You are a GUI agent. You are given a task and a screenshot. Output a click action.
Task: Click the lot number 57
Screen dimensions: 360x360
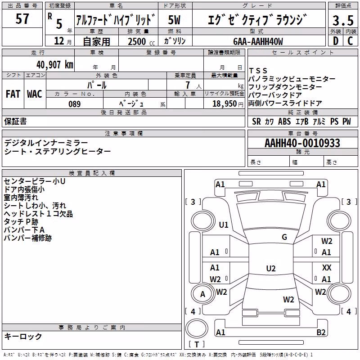(22, 19)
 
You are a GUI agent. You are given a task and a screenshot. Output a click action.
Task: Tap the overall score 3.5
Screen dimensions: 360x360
(343, 20)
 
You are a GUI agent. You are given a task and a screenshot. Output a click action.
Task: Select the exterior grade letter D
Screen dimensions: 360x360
(336, 41)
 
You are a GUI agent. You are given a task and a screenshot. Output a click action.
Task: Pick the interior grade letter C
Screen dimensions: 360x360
(350, 41)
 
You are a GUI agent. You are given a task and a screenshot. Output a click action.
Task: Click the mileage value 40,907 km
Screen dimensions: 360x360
(54, 65)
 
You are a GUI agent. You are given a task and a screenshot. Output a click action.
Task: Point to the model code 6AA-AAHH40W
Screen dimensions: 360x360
(258, 41)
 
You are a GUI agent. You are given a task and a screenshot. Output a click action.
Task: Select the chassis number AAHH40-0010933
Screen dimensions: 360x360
(302, 143)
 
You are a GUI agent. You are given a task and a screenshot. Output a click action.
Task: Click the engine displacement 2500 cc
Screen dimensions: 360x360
(141, 41)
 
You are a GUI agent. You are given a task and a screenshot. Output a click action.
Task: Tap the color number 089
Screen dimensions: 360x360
(74, 104)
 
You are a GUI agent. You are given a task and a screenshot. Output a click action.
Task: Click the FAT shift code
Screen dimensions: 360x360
(13, 94)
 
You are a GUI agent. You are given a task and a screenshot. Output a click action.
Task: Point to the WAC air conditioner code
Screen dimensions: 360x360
(35, 94)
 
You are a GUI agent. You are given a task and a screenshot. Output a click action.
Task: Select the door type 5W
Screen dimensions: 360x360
(174, 20)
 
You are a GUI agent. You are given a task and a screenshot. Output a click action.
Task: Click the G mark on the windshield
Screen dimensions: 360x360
(284, 237)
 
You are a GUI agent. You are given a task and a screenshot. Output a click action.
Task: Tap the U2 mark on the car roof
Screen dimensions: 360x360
(271, 268)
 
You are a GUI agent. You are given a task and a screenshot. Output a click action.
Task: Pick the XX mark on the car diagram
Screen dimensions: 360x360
(327, 267)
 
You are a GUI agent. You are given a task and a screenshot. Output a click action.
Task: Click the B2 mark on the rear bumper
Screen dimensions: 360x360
(321, 333)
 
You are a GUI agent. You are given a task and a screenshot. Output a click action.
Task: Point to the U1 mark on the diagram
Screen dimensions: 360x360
(224, 225)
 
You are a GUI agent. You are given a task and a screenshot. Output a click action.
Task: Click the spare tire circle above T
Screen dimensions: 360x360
(197, 328)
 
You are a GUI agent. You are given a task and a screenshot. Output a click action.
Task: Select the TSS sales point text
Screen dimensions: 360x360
(258, 71)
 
